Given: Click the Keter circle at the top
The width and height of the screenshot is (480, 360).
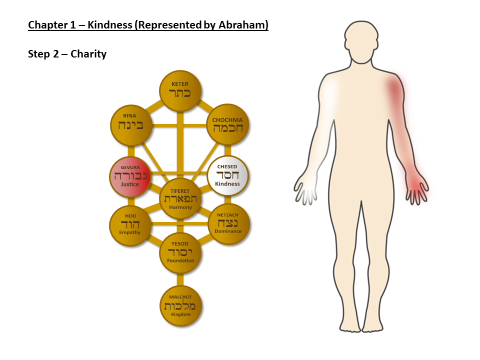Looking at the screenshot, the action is click(x=180, y=91).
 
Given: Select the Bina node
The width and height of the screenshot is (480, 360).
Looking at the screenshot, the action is click(x=131, y=125).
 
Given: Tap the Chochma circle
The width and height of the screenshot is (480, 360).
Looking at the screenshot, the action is click(x=228, y=124).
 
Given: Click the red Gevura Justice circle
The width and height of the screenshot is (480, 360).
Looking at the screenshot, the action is click(x=130, y=176).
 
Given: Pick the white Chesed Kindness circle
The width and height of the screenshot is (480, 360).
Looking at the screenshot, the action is click(x=227, y=175).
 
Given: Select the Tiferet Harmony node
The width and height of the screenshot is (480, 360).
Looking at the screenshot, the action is click(x=180, y=198).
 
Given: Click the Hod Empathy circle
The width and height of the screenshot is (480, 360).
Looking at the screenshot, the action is click(x=130, y=225).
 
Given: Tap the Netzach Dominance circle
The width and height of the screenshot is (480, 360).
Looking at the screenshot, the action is click(x=228, y=224).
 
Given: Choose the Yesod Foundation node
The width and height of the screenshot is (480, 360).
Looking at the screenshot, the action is click(x=180, y=253).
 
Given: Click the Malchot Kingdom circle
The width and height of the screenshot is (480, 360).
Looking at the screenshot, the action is click(x=181, y=306).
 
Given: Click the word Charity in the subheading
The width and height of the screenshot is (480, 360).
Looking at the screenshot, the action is click(x=88, y=54).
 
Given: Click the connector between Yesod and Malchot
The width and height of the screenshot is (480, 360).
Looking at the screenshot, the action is click(x=180, y=279).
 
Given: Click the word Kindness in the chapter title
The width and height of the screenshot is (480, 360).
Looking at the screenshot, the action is click(x=110, y=25).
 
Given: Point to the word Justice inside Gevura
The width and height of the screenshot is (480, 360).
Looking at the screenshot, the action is click(x=130, y=184).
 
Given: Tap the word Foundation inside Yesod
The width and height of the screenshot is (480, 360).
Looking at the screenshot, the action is click(x=180, y=260).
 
